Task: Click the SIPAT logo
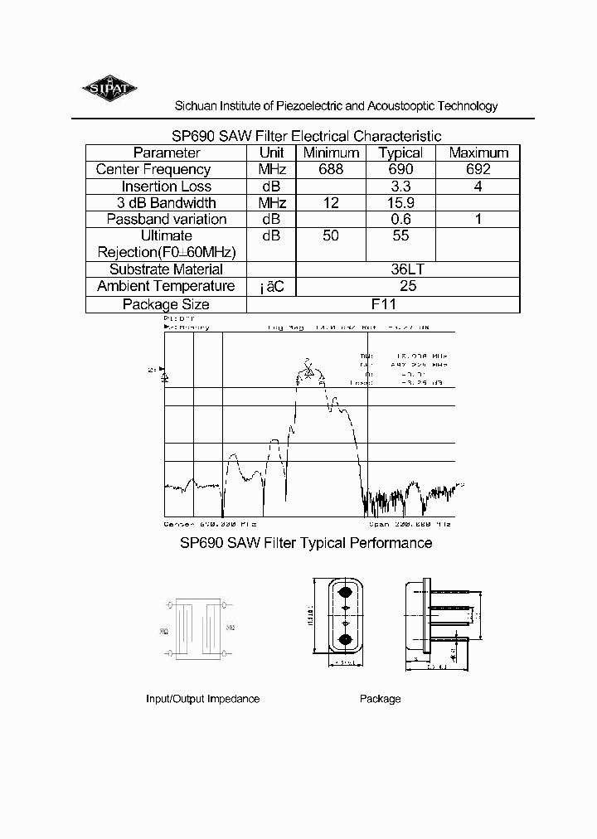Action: (x=111, y=89)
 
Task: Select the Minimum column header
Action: (x=331, y=153)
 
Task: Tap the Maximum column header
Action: (x=478, y=153)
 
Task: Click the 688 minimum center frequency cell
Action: (x=331, y=169)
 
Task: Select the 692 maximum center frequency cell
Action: (x=478, y=169)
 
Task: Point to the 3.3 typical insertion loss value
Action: (x=400, y=187)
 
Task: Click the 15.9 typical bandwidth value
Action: (x=400, y=203)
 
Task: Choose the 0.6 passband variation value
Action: (x=400, y=220)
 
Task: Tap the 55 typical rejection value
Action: (x=400, y=236)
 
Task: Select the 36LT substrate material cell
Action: (x=407, y=269)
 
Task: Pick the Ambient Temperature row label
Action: (x=166, y=286)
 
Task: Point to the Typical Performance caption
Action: (x=306, y=543)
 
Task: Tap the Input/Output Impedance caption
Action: (x=202, y=699)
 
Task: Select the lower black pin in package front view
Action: (x=344, y=639)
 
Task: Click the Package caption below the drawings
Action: (x=380, y=699)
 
